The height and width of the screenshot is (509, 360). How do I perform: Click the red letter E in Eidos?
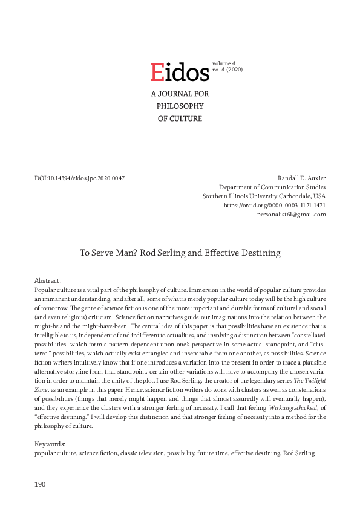[157, 73]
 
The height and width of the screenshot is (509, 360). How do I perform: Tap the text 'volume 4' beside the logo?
[224, 63]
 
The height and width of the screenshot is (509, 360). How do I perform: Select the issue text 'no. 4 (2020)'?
[227, 70]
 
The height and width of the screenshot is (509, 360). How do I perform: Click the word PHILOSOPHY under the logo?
[180, 106]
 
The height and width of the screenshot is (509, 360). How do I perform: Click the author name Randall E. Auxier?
[301, 178]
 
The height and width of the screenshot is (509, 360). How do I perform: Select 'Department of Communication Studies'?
[272, 187]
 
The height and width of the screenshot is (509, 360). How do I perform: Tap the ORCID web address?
[275, 206]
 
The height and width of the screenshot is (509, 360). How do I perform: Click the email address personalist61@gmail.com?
[291, 215]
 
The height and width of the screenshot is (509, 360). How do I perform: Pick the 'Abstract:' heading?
[49, 281]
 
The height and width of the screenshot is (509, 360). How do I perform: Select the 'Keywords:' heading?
[51, 444]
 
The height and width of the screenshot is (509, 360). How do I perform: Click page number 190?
[40, 484]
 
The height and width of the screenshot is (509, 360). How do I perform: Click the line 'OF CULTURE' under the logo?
[180, 118]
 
